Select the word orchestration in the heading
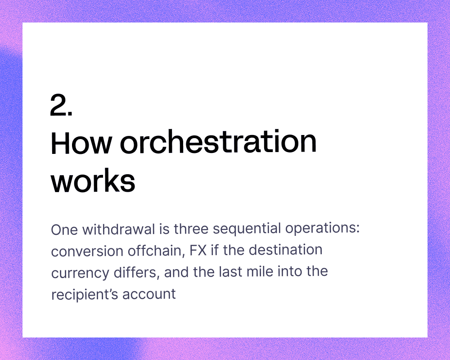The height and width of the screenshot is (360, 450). coord(218,142)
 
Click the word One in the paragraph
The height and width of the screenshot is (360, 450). coord(64,229)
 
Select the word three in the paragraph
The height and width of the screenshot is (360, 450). coord(191,229)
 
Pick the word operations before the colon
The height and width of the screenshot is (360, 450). coord(320,229)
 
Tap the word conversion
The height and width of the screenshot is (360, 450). coord(87,251)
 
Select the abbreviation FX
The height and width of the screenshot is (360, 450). coord(198,250)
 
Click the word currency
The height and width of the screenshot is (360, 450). coord(80,273)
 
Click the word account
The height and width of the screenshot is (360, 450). coord(149,294)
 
